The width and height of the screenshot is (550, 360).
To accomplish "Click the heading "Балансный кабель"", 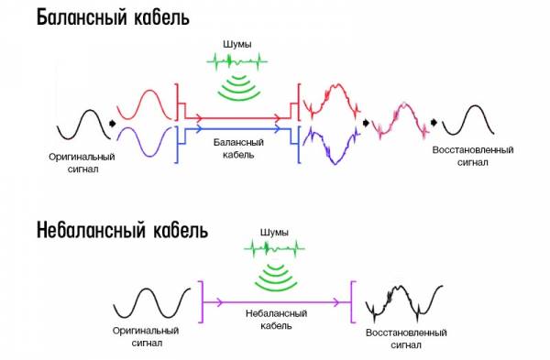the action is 113,17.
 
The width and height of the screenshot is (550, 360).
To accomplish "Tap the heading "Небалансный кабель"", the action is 122,230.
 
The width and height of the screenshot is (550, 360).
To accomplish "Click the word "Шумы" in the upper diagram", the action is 237,45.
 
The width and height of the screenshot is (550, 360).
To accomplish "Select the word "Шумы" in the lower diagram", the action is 274,233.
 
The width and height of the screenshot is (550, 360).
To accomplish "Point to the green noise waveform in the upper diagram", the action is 237,61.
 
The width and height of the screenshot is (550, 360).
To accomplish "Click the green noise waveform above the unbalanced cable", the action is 274,249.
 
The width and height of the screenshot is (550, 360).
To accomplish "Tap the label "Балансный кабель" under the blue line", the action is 238,148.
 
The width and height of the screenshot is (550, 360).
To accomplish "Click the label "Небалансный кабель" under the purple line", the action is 277,320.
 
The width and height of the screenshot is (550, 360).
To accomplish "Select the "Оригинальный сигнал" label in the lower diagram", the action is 146,336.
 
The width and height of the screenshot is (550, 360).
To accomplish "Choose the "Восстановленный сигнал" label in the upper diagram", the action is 473,156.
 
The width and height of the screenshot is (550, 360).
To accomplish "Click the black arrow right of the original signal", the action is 112,124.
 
